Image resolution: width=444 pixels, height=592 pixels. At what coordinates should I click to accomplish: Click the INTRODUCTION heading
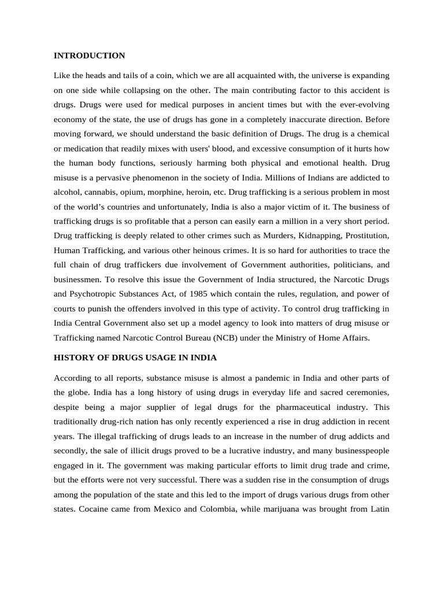[x=89, y=55]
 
